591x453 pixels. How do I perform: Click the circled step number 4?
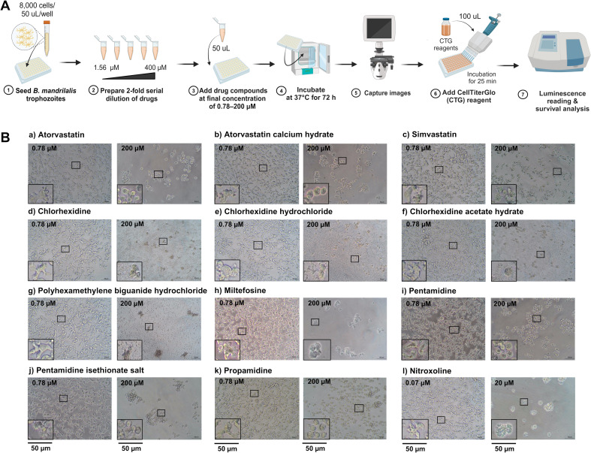point(281,91)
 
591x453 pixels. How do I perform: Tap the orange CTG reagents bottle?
point(446,27)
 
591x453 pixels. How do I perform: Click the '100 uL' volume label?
point(469,17)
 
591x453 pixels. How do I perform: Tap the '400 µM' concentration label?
point(155,68)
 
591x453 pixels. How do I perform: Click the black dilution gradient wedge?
point(128,76)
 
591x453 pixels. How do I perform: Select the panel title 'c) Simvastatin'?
point(430,134)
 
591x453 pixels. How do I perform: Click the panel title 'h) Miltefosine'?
point(245,291)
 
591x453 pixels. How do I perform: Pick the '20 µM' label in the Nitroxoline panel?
point(504,383)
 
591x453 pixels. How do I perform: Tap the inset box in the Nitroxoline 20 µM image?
point(504,430)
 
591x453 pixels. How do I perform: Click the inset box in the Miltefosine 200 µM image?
point(318,349)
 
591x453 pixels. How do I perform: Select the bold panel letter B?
point(6,137)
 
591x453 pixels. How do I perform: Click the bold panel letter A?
point(6,7)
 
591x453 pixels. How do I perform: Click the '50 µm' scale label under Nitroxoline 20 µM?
point(505,448)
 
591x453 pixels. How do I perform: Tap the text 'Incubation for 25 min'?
point(481,77)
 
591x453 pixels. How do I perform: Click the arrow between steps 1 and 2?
point(71,62)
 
